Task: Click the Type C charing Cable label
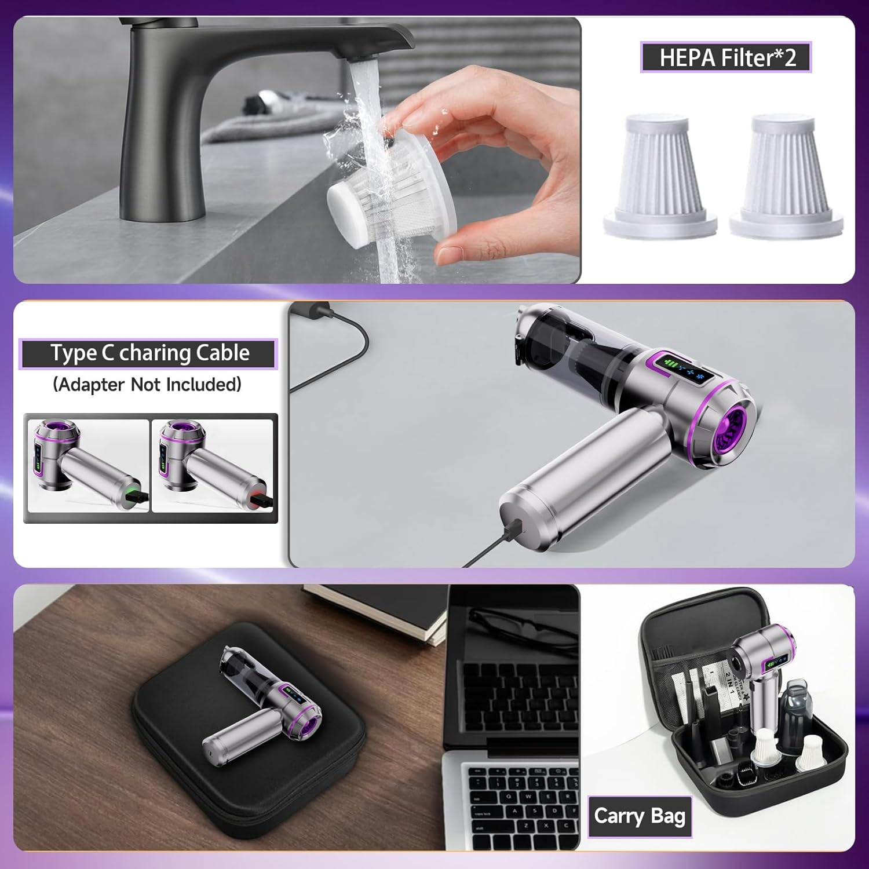pos(149,353)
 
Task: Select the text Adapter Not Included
pos(147,385)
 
